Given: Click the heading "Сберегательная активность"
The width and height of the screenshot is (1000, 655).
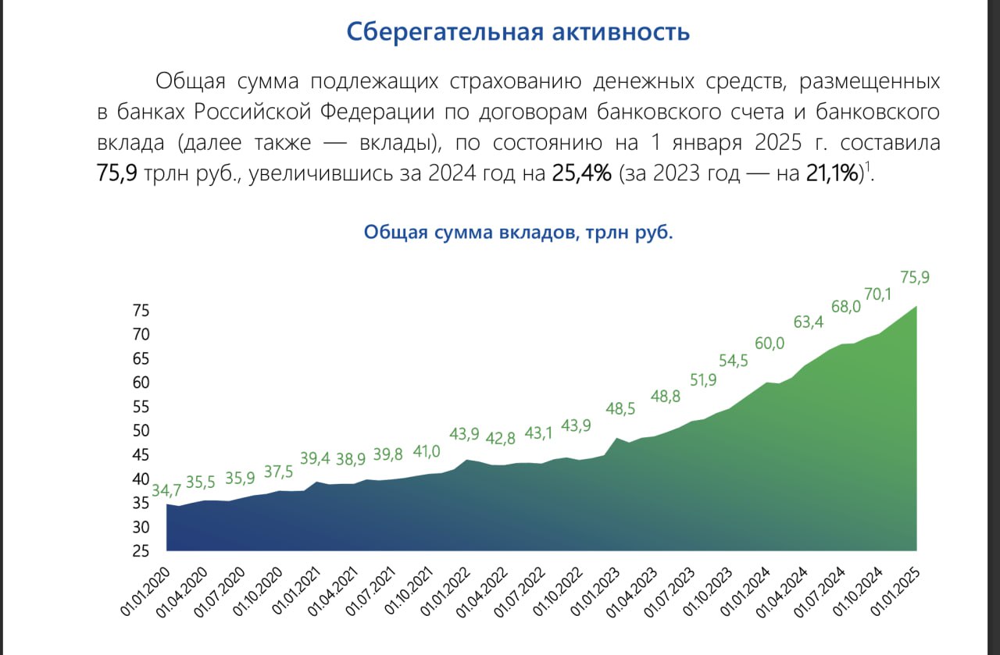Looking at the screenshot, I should [518, 32].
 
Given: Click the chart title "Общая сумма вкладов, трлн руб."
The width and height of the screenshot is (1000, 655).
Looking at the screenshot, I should [518, 233].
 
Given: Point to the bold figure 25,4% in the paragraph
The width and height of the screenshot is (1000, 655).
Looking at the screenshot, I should [581, 174].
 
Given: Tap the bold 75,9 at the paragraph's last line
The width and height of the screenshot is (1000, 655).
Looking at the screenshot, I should [117, 174].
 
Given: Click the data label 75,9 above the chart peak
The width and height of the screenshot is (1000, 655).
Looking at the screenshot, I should [915, 277].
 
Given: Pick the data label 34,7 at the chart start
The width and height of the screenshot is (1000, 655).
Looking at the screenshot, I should [166, 491].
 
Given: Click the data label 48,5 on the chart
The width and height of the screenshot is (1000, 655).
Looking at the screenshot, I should [620, 408].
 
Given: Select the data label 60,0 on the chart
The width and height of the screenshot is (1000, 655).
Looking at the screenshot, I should [769, 344].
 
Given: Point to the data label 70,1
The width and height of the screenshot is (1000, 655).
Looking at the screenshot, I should [877, 294].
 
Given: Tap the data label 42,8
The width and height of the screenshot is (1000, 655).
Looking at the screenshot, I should [500, 437].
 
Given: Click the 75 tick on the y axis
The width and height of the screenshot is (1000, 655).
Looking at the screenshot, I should [141, 311].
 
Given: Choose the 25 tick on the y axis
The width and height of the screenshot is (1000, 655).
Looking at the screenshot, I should [141, 552].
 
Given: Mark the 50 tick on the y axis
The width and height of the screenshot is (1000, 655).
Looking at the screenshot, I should [141, 431].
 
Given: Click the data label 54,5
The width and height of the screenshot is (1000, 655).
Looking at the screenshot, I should [732, 360].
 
